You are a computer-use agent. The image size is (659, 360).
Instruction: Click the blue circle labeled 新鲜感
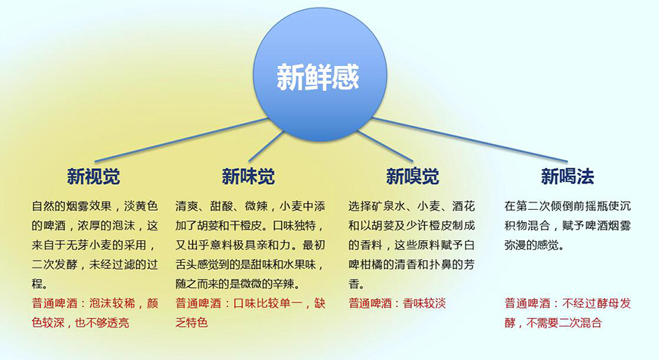point(317,77)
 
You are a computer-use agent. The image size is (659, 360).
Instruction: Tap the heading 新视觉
point(93,177)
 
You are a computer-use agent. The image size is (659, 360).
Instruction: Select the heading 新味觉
point(248,177)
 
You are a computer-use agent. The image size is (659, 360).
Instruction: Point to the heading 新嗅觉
point(412,177)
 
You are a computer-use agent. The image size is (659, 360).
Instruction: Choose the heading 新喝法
point(567,177)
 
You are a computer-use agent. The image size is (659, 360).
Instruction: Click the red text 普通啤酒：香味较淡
point(397,303)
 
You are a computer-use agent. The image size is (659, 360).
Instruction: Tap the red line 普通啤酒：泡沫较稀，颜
point(95,303)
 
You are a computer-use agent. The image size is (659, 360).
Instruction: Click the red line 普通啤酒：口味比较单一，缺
point(250,303)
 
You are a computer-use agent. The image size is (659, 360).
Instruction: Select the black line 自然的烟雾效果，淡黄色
point(95,206)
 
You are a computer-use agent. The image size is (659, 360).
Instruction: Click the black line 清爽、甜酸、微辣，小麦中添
point(250,206)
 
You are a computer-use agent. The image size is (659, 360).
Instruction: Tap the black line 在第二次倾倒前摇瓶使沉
point(567,206)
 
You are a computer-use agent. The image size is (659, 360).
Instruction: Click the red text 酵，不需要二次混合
point(553,323)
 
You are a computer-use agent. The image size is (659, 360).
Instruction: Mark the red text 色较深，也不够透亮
point(80,323)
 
